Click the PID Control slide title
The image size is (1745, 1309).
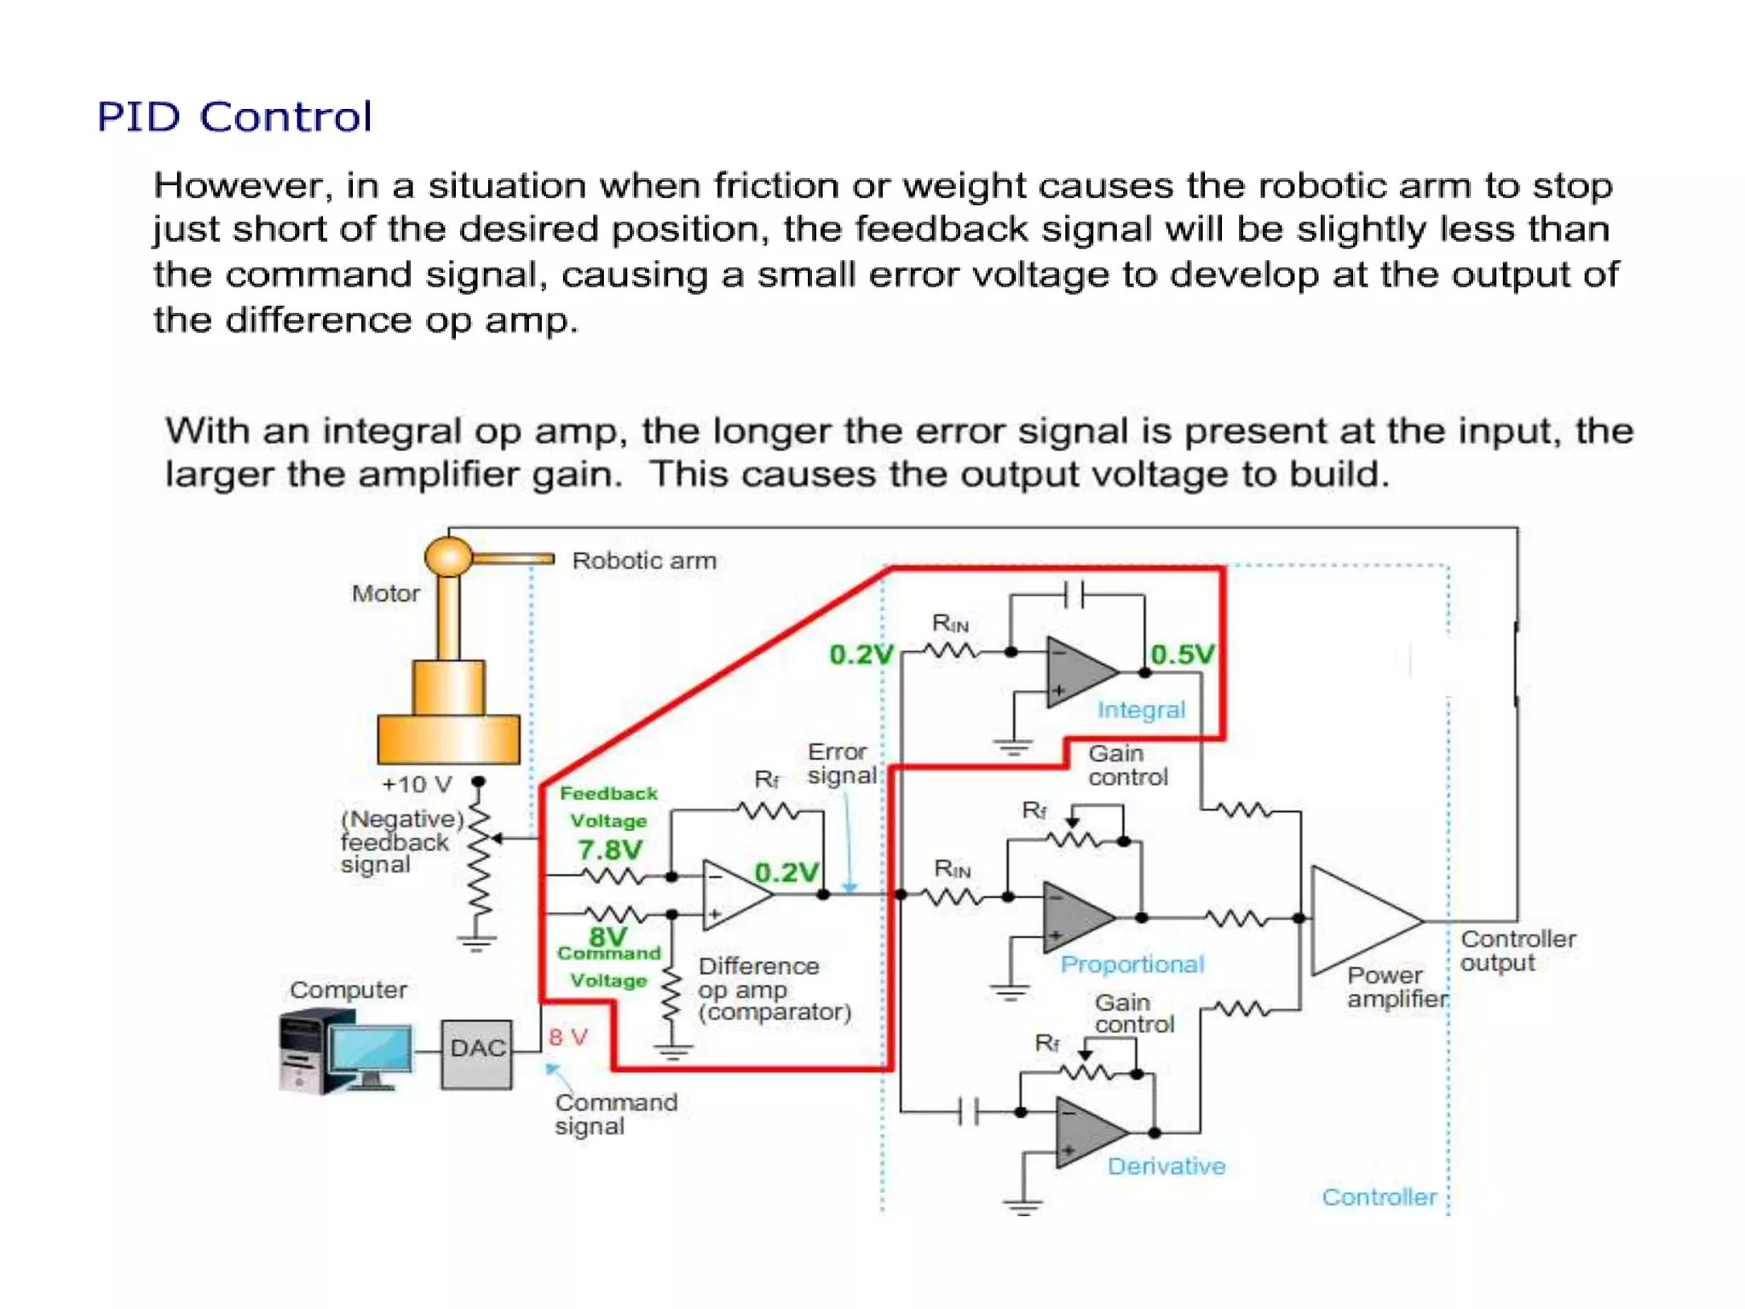tap(234, 117)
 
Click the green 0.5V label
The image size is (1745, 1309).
tap(1182, 654)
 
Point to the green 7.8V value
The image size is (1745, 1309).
tap(610, 850)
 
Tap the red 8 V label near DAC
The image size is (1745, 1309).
tap(568, 1037)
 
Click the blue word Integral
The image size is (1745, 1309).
tap(1141, 710)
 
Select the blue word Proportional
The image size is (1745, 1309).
tap(1132, 964)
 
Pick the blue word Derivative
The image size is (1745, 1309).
tap(1166, 1166)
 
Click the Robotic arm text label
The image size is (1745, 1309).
tap(644, 561)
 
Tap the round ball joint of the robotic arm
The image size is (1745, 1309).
tap(448, 557)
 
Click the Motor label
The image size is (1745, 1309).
tap(386, 593)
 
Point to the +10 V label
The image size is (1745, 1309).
tap(417, 784)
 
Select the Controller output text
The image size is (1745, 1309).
tap(1517, 950)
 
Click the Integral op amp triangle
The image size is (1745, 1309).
tap(1077, 672)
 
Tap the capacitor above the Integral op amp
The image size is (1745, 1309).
tap(1074, 595)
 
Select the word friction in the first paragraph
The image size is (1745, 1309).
tap(775, 186)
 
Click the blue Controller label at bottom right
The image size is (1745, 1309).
tap(1378, 1197)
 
